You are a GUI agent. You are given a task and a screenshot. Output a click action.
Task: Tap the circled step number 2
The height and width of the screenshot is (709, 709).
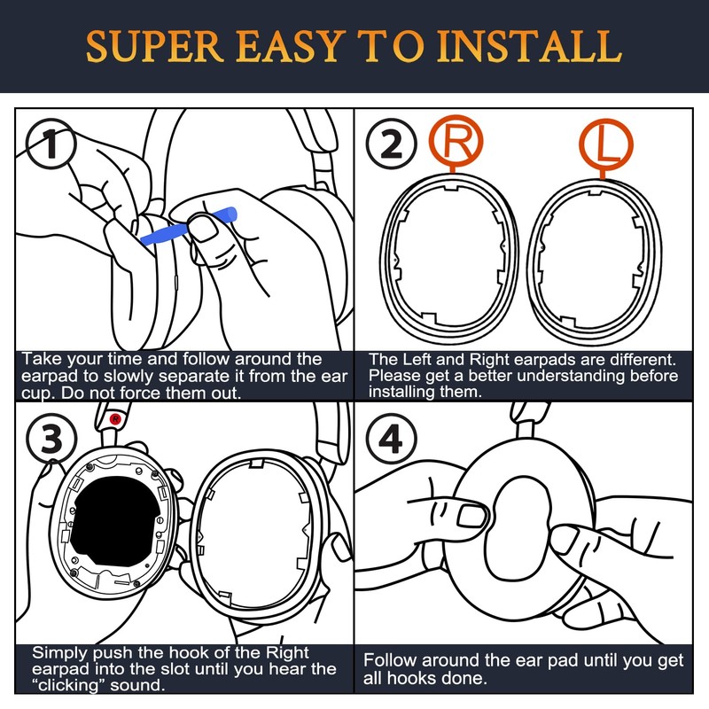[391, 147]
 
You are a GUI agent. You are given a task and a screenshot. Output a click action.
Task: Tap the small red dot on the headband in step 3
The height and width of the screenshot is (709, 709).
[114, 416]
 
